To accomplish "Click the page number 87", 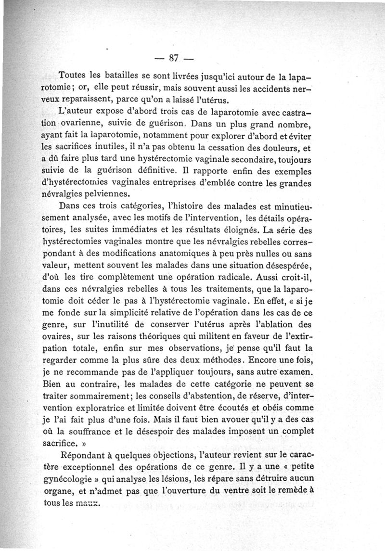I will point(174,58).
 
